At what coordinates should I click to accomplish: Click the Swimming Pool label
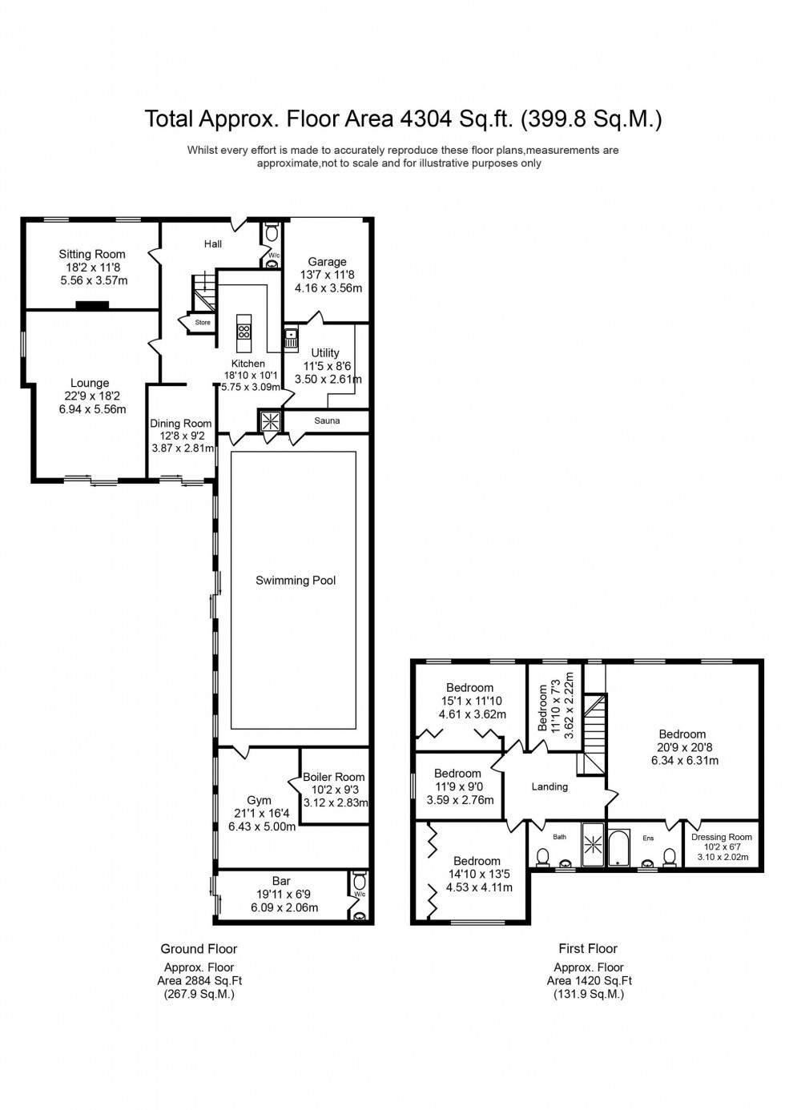[296, 581]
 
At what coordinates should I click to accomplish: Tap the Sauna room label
[327, 420]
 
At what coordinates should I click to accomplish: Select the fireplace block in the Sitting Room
[92, 304]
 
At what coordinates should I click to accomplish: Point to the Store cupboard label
[203, 323]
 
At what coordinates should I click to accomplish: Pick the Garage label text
[327, 261]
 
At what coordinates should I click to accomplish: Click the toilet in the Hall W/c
[272, 233]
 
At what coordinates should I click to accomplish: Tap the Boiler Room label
[333, 777]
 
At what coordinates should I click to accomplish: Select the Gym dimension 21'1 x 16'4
[259, 814]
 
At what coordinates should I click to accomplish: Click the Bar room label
[281, 881]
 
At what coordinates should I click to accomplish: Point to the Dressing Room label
[722, 838]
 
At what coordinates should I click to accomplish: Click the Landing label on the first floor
[549, 786]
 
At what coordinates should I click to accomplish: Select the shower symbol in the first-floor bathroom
[594, 844]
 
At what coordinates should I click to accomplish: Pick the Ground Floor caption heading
[199, 949]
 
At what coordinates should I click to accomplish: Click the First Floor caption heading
[588, 949]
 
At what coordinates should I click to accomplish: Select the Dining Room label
[181, 424]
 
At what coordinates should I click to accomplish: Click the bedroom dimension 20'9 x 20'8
[682, 747]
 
